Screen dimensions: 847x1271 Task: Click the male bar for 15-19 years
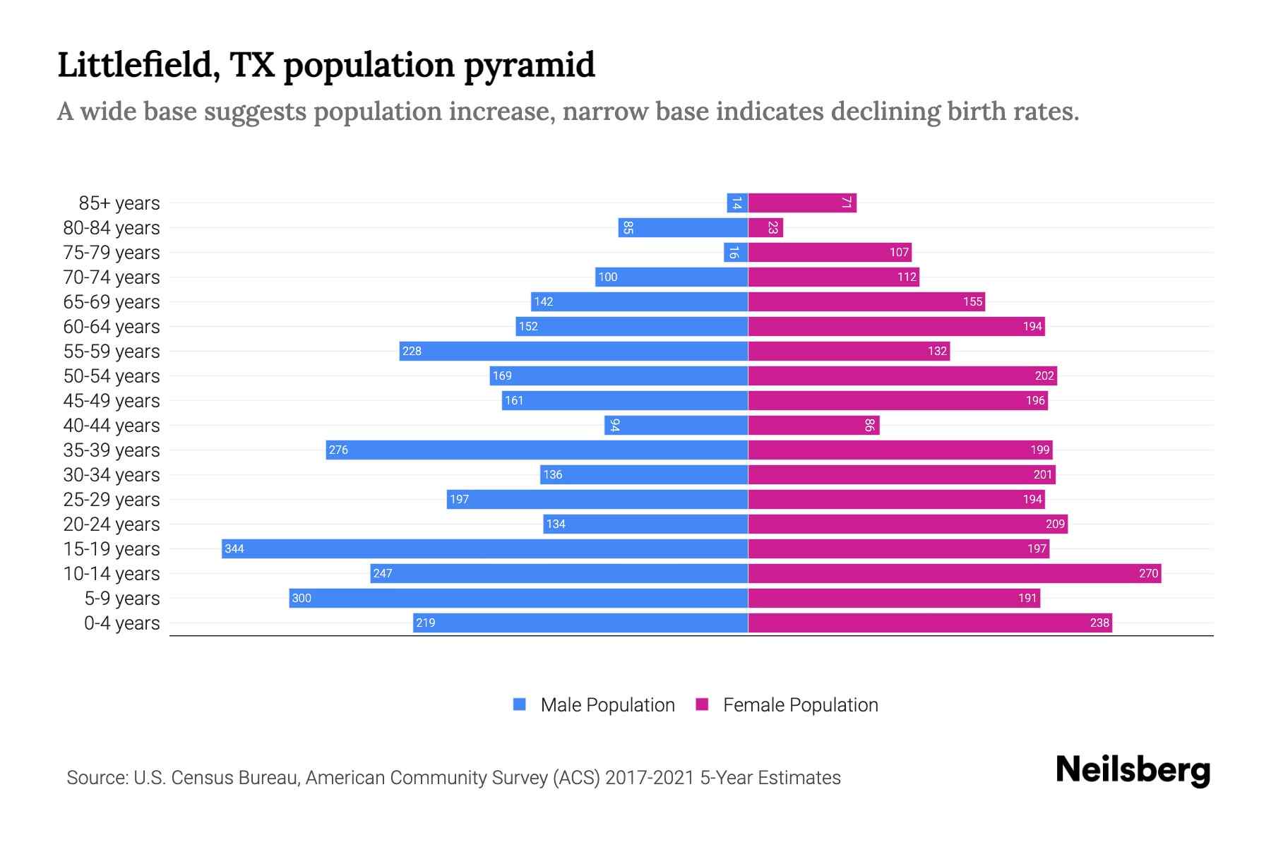pyautogui.click(x=484, y=548)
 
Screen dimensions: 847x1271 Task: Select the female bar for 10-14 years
pyautogui.click(x=954, y=573)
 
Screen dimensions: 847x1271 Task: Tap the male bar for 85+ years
pyautogui.click(x=737, y=203)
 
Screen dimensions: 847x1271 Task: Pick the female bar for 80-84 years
pyautogui.click(x=765, y=227)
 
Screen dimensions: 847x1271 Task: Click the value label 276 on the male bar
pyautogui.click(x=338, y=450)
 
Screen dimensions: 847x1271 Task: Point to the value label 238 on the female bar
pyautogui.click(x=1099, y=623)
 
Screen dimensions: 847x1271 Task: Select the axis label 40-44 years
pyautogui.click(x=112, y=425)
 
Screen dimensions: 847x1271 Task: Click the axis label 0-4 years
pyautogui.click(x=121, y=623)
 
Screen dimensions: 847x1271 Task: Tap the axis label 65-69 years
pyautogui.click(x=112, y=301)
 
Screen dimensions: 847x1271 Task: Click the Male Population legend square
pyautogui.click(x=520, y=704)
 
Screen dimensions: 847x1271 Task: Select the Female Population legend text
pyautogui.click(x=800, y=704)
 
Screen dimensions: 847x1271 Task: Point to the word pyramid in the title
pyautogui.click(x=530, y=65)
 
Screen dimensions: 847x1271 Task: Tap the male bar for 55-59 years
pyautogui.click(x=573, y=351)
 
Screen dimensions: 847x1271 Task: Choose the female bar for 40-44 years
pyautogui.click(x=813, y=425)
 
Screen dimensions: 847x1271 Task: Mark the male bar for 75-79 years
pyautogui.click(x=736, y=252)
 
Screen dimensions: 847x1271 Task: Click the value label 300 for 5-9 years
pyautogui.click(x=302, y=598)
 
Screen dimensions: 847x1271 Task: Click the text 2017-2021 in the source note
pyautogui.click(x=650, y=778)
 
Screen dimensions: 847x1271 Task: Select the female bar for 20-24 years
pyautogui.click(x=907, y=524)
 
